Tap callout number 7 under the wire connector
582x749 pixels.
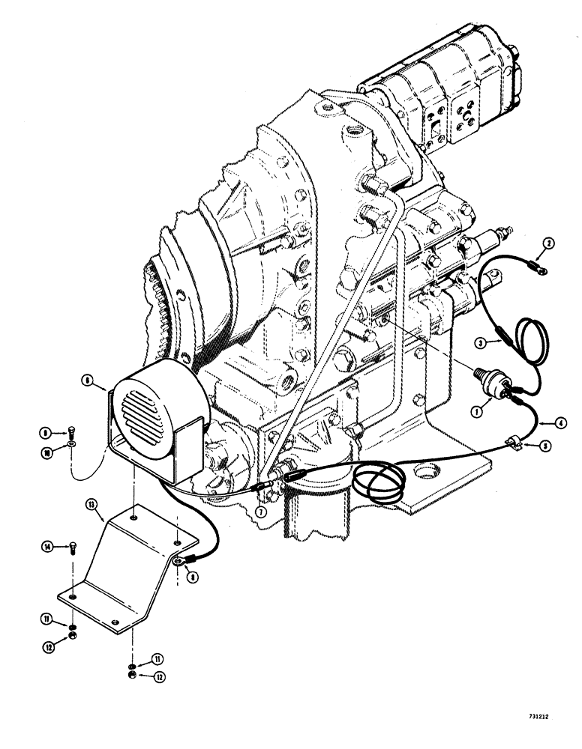coord(259,510)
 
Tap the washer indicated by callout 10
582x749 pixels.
coord(70,443)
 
